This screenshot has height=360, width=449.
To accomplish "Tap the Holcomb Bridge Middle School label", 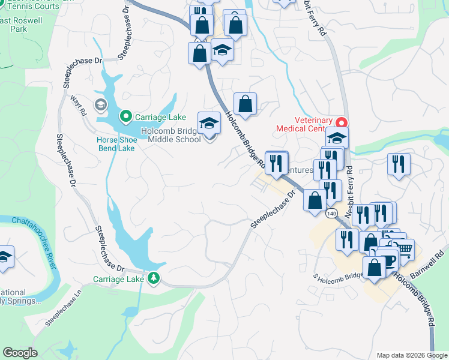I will (170, 136).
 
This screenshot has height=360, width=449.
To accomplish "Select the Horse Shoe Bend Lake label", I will (117, 144).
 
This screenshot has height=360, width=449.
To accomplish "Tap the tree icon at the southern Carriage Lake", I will (154, 278).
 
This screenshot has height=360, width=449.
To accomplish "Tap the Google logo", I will (20, 353).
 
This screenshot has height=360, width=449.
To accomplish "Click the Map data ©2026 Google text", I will (411, 355).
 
